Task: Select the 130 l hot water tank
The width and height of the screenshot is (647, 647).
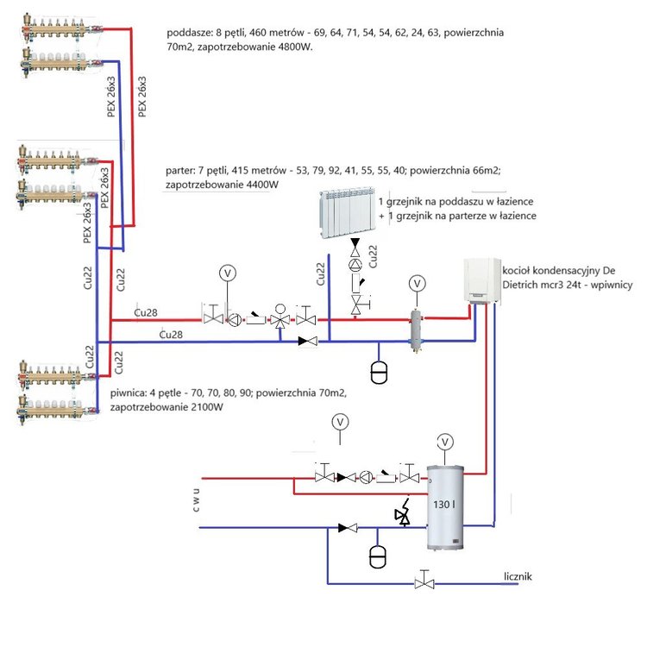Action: (x=445, y=509)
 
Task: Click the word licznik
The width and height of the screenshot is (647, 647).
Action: (x=522, y=575)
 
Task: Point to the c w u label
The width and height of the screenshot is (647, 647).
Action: (x=197, y=502)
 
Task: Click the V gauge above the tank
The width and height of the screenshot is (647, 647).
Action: (x=445, y=442)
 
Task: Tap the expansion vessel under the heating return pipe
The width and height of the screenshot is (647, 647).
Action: (x=378, y=372)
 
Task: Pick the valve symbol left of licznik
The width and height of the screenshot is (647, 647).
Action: (x=423, y=582)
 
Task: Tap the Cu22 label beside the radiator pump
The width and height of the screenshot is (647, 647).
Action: (x=374, y=255)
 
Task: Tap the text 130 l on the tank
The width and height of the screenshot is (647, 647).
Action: (x=443, y=501)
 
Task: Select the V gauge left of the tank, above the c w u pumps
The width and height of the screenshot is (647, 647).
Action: (x=340, y=422)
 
